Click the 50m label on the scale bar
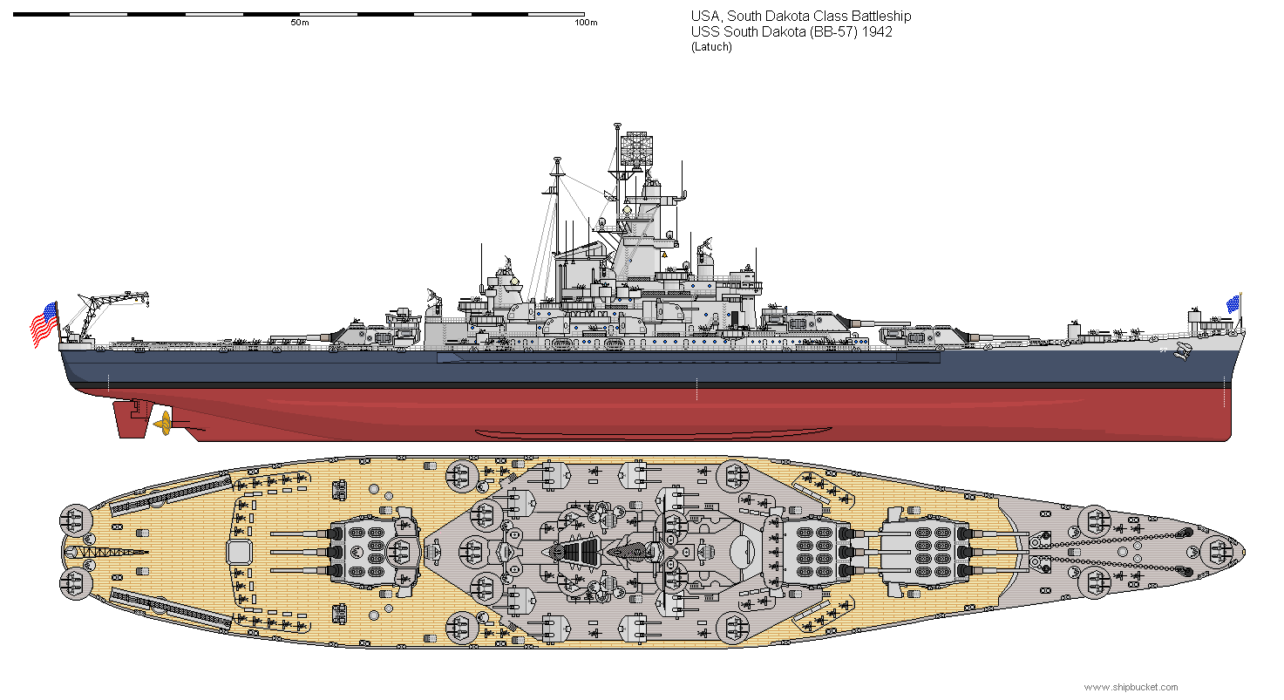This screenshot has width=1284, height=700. (300, 23)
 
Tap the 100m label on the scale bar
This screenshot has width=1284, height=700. (586, 23)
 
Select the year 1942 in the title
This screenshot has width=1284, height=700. (877, 32)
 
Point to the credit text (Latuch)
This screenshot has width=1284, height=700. (711, 47)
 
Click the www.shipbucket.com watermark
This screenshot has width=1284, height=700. (1131, 688)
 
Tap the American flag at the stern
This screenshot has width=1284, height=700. (44, 324)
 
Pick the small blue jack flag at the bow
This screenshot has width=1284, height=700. (1233, 304)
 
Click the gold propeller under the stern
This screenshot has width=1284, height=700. (163, 424)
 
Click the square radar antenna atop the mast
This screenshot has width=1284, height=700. (636, 147)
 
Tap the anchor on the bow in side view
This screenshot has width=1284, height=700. (1181, 350)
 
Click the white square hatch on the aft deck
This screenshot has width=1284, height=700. (240, 553)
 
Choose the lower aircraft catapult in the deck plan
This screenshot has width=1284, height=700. (170, 608)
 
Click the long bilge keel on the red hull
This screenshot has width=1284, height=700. (654, 434)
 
